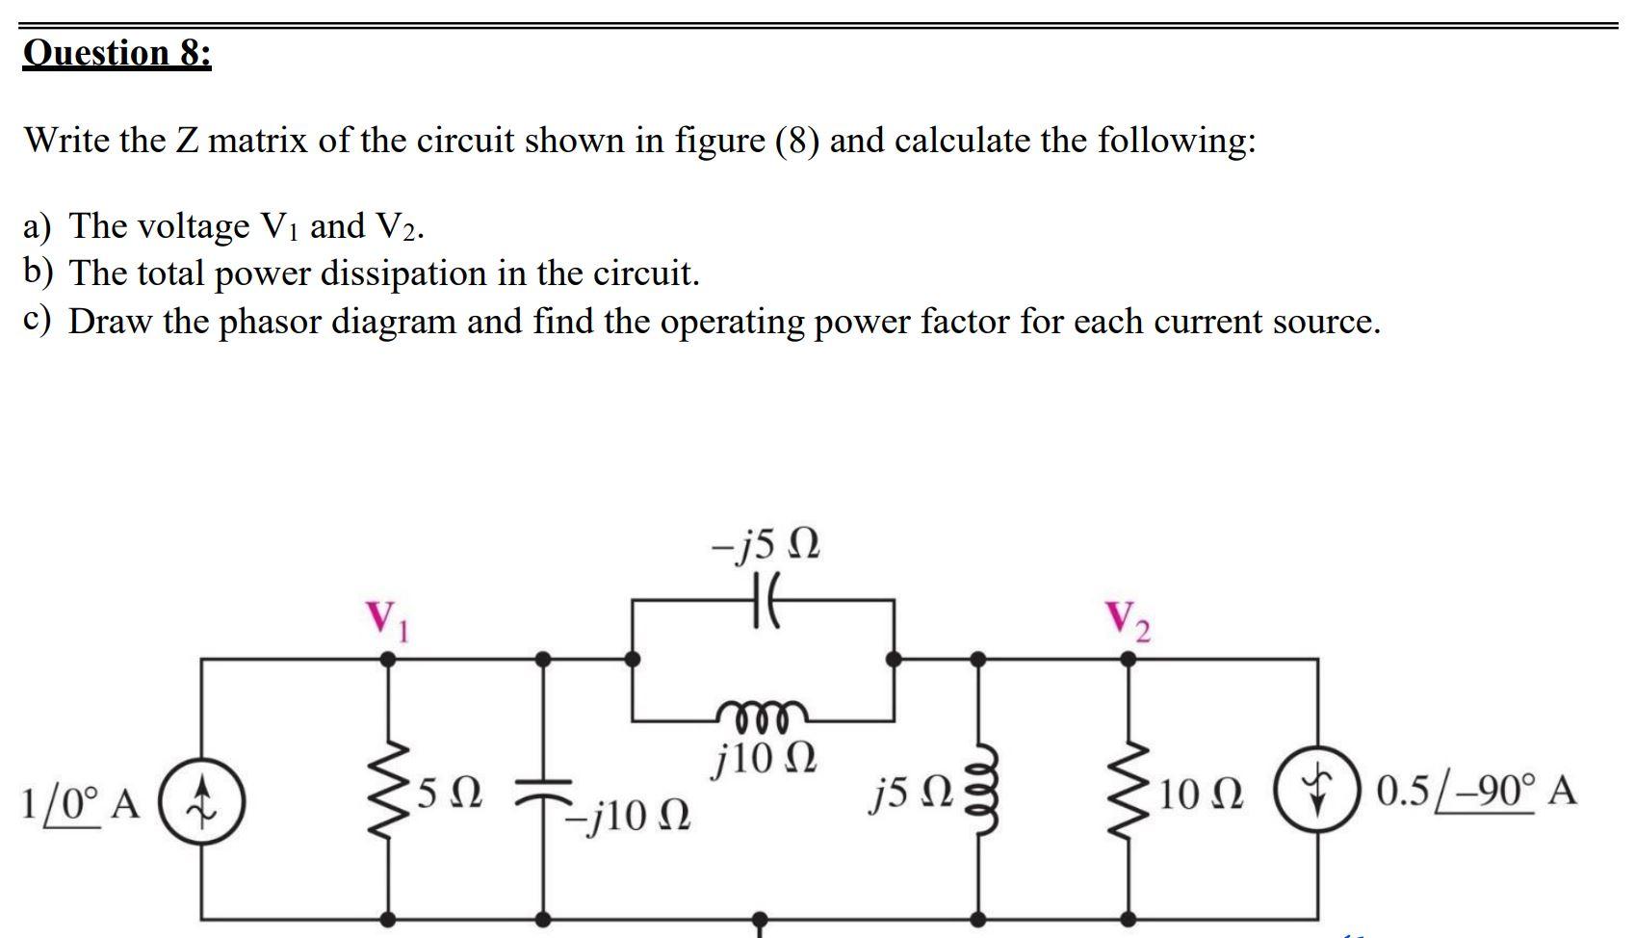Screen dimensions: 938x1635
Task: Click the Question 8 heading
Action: click(117, 51)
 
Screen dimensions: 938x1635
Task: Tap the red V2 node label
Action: click(1128, 621)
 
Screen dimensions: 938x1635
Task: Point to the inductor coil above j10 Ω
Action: click(764, 713)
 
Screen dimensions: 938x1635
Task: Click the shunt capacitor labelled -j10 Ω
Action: click(544, 792)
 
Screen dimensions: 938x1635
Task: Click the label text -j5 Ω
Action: click(766, 546)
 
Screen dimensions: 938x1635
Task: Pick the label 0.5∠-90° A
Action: click(1476, 793)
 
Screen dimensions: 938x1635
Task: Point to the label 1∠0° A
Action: click(81, 802)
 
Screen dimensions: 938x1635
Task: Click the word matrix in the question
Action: click(257, 141)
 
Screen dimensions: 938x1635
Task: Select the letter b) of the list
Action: click(39, 274)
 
